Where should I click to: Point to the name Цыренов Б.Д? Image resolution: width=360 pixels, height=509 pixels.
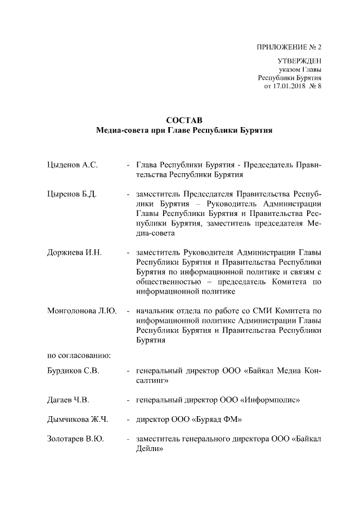[72, 194]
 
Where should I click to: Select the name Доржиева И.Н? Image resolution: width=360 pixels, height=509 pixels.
[74, 252]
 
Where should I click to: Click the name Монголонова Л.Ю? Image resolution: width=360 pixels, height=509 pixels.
[82, 311]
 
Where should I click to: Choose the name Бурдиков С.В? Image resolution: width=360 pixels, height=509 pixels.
[73, 371]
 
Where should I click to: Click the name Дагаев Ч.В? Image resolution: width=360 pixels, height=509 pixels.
[69, 400]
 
